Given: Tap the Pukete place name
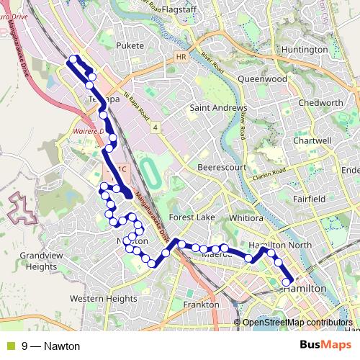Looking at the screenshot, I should point(130,45).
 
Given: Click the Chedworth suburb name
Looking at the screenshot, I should point(320,103).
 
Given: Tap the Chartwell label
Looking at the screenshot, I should point(312,141).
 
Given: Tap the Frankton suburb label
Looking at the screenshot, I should point(201,305).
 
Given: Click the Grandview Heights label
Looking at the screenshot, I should point(38,261).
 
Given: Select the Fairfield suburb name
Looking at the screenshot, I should point(311,198).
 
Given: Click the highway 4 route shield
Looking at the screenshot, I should point(155,127).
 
